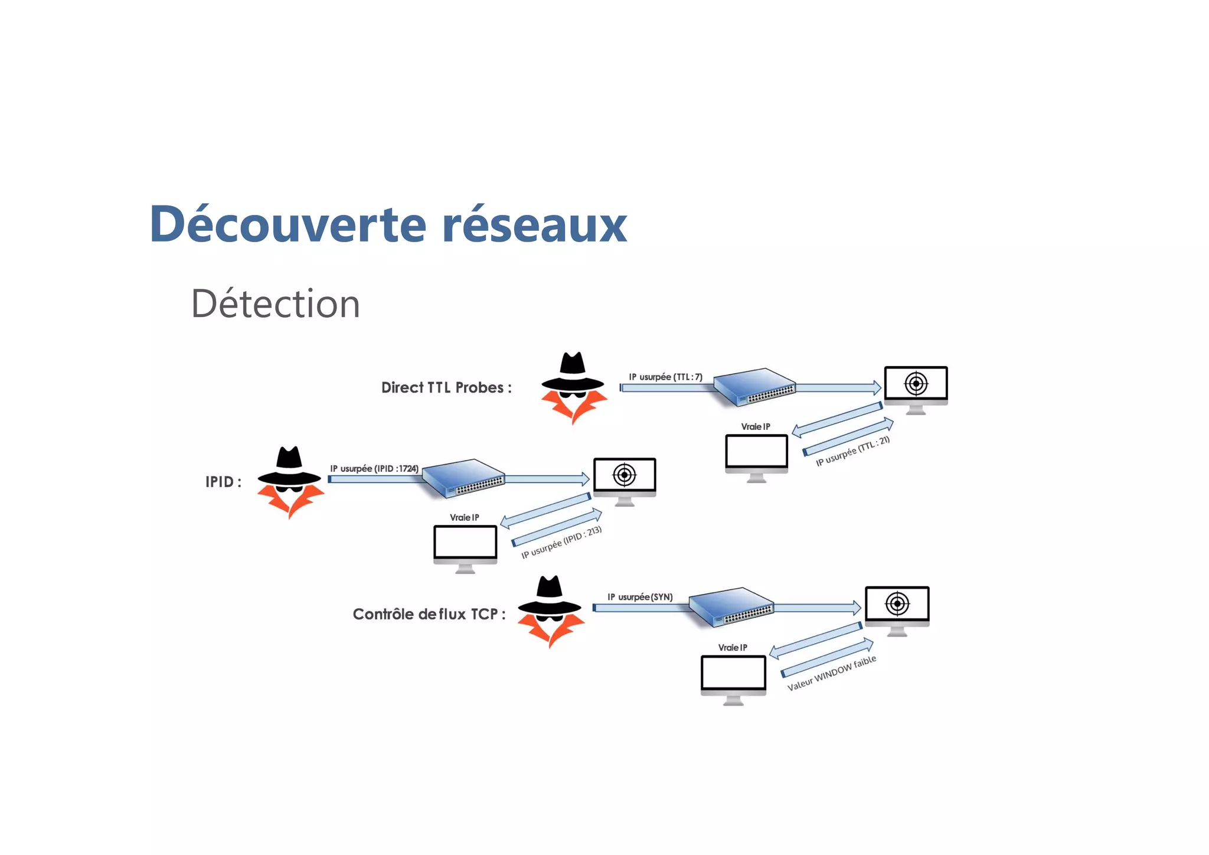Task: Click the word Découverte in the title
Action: coord(287,224)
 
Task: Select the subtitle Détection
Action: coord(275,304)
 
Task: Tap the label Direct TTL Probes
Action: coord(446,388)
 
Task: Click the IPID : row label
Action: coord(223,482)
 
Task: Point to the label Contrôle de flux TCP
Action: coord(429,614)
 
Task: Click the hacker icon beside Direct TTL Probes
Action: coord(573,387)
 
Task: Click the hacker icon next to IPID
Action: coord(290,481)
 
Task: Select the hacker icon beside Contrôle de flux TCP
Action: coord(550,611)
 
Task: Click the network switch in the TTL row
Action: coord(755,387)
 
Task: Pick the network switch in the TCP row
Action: coord(731,607)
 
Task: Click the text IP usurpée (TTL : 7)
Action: coord(665,377)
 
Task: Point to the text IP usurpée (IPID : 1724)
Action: coord(374,468)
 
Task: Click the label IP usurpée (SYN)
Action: coord(640,597)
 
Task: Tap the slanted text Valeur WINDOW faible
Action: coord(832,673)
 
